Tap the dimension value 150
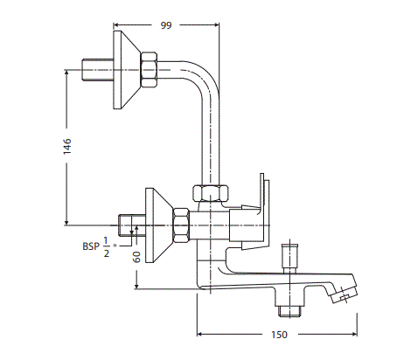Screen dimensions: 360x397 pos(278,335)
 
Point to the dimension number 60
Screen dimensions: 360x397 pos(137,256)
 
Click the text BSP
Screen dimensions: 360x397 pos(91,247)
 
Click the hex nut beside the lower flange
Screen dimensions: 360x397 pos(182,225)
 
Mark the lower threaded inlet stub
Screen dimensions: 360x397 pos(129,225)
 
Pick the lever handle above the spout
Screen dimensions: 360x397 pos(260,205)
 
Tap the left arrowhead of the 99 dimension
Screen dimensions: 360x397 pos(119,26)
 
